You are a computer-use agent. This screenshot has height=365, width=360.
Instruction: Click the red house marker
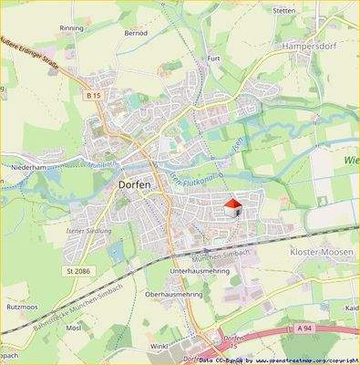point(232,207)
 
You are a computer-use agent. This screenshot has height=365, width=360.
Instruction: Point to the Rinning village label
point(71,28)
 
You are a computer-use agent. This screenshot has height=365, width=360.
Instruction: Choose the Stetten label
point(283,10)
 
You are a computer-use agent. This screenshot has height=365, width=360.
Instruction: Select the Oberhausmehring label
point(173,295)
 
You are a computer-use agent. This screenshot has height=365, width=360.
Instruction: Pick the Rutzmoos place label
point(23,308)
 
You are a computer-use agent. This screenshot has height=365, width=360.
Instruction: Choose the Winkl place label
point(160,346)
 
